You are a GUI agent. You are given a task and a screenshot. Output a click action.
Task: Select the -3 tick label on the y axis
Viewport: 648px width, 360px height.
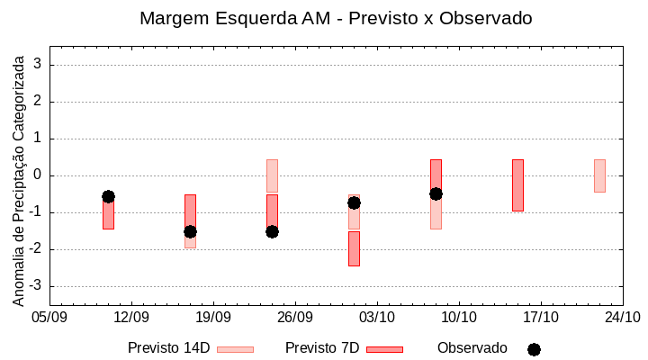point(37,286)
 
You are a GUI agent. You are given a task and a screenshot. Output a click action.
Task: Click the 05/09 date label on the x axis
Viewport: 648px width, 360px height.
point(49,318)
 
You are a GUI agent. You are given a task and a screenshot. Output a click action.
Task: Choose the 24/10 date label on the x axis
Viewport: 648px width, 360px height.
point(623,318)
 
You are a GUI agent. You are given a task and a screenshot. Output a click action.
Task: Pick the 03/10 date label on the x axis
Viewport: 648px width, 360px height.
point(377,318)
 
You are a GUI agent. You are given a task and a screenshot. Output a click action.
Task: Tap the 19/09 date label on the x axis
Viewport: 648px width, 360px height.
point(213,318)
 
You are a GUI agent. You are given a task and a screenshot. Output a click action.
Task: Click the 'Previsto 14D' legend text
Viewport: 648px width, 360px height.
point(168,348)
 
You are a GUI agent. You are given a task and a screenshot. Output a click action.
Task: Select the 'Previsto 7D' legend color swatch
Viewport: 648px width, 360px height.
point(384,349)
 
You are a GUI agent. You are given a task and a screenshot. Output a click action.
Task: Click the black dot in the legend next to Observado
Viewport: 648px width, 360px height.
point(534,349)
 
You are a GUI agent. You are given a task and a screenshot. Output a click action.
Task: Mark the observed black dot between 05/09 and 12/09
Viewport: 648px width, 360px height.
point(108,196)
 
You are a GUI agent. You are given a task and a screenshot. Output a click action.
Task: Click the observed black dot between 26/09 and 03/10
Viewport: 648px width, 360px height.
point(354,202)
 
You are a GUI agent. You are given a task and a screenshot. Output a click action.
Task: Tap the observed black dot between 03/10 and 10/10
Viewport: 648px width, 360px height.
point(436,193)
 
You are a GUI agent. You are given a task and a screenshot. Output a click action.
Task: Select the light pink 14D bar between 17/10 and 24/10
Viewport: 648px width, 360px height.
point(599,175)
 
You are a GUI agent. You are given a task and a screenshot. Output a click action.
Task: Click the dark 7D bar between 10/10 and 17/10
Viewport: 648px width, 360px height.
point(517,185)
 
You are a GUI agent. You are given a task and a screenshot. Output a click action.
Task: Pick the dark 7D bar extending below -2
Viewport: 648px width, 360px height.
point(354,248)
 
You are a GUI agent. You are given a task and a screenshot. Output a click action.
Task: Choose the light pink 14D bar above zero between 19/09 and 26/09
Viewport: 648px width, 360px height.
point(272,175)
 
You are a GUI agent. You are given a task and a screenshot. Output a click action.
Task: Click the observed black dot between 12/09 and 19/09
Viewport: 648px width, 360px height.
point(190,231)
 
